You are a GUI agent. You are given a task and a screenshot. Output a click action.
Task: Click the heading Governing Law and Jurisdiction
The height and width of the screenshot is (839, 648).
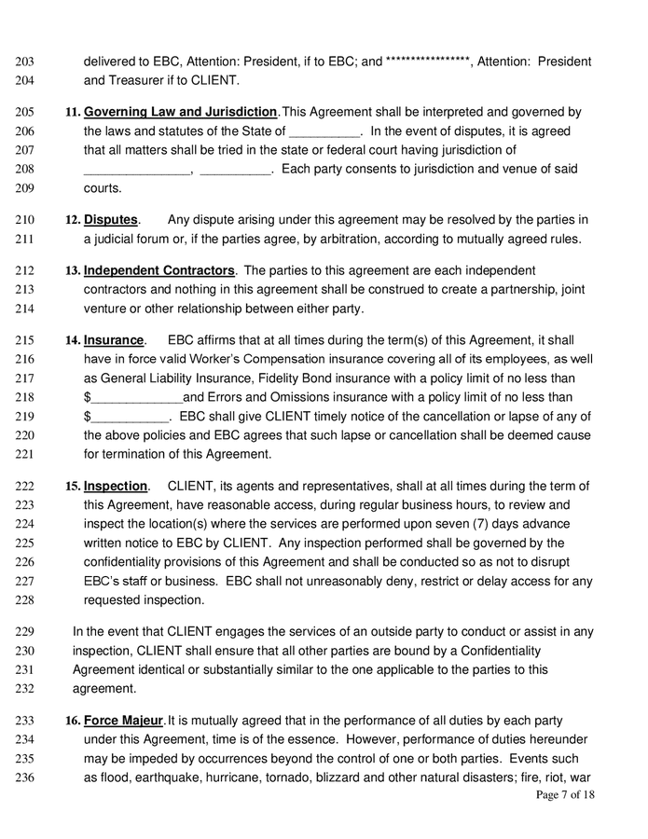click(180, 112)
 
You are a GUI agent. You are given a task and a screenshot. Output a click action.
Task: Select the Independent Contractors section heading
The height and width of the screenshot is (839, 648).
click(159, 270)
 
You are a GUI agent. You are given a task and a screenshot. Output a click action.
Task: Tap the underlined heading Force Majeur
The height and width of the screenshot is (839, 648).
click(123, 721)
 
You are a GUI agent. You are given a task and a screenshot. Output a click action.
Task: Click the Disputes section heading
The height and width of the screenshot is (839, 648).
click(110, 220)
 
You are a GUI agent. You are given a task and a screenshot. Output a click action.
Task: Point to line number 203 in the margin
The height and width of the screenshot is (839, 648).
click(25, 62)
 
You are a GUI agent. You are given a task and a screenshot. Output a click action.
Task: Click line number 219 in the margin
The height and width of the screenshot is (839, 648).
click(25, 417)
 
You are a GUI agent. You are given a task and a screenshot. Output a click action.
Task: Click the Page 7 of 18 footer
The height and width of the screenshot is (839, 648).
click(565, 795)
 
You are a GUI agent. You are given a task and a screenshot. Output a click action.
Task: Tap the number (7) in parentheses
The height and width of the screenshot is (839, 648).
click(502, 524)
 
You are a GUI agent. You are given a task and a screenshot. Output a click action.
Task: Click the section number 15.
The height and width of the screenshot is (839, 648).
click(73, 487)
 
